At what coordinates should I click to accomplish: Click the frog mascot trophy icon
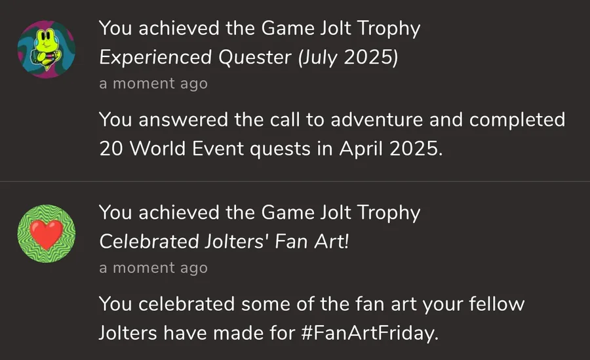[x=47, y=49]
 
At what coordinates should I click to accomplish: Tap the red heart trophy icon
[x=47, y=234]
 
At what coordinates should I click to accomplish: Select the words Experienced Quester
[x=195, y=58]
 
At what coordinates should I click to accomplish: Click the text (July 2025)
[x=347, y=58]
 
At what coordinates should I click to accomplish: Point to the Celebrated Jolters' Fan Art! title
[x=224, y=242]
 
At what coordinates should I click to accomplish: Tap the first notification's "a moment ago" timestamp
[x=153, y=83]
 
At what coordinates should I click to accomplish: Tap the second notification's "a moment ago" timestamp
[x=153, y=268]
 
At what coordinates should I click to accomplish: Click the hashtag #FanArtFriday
[x=370, y=333]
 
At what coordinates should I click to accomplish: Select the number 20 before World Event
[x=111, y=149]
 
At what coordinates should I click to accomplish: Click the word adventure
[x=377, y=120]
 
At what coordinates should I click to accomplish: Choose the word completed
[x=517, y=121]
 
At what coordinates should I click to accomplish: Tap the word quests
[x=280, y=150]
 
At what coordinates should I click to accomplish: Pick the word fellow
[x=497, y=304]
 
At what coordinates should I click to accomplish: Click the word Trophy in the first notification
[x=389, y=29]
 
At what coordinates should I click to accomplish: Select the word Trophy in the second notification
[x=389, y=213]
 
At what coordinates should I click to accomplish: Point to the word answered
[x=184, y=120]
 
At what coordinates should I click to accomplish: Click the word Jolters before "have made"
[x=128, y=333]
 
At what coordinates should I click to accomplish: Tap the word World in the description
[x=158, y=149]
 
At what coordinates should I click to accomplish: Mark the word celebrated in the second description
[x=187, y=304]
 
